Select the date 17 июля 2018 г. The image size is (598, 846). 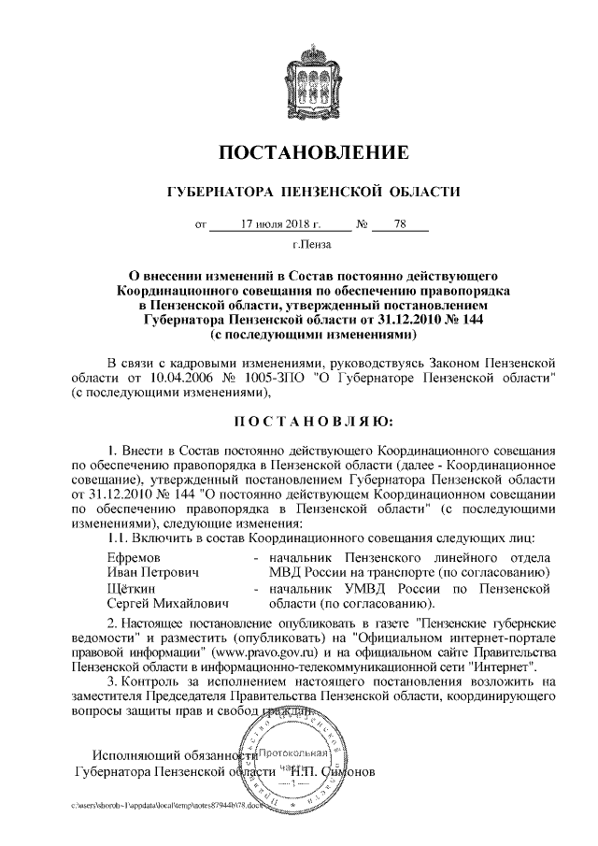click(279, 224)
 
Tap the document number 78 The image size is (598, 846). click(399, 224)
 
